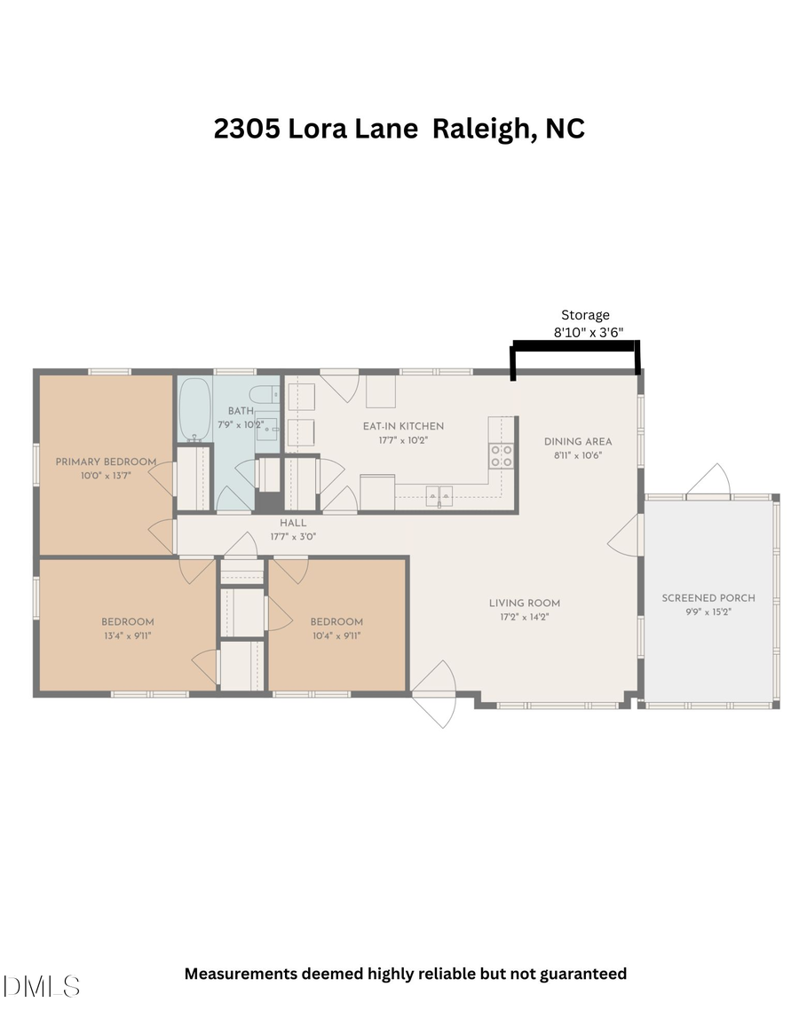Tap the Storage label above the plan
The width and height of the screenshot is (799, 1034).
pos(585,315)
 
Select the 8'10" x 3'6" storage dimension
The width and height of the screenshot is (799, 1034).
pos(588,333)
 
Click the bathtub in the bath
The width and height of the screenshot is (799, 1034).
pos(195,409)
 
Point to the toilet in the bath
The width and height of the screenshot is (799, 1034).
pos(265,394)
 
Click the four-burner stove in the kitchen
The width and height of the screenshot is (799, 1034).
pos(502,456)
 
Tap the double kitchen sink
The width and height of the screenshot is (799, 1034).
pos(440,493)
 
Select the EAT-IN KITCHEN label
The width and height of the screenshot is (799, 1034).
pos(403,426)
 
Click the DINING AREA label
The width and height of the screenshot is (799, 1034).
pos(578,441)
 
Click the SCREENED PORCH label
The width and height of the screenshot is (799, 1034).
pos(708,598)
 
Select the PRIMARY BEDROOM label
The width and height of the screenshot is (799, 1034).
pos(106,462)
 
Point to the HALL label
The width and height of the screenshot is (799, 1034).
pos(293,524)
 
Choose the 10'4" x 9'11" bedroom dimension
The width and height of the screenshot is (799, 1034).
pos(336,635)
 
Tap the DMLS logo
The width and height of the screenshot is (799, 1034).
pos(42,986)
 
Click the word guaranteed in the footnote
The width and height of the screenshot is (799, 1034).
pos(581,974)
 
